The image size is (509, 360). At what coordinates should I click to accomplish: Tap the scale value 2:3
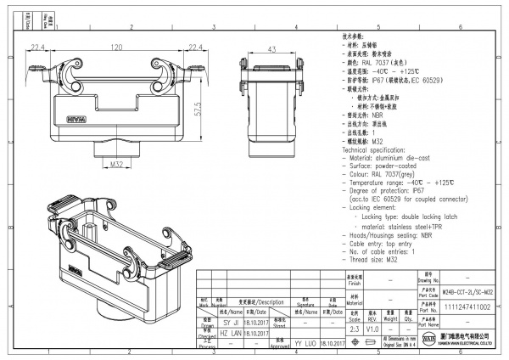point(355,328)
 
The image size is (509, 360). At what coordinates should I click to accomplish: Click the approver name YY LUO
point(306,342)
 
